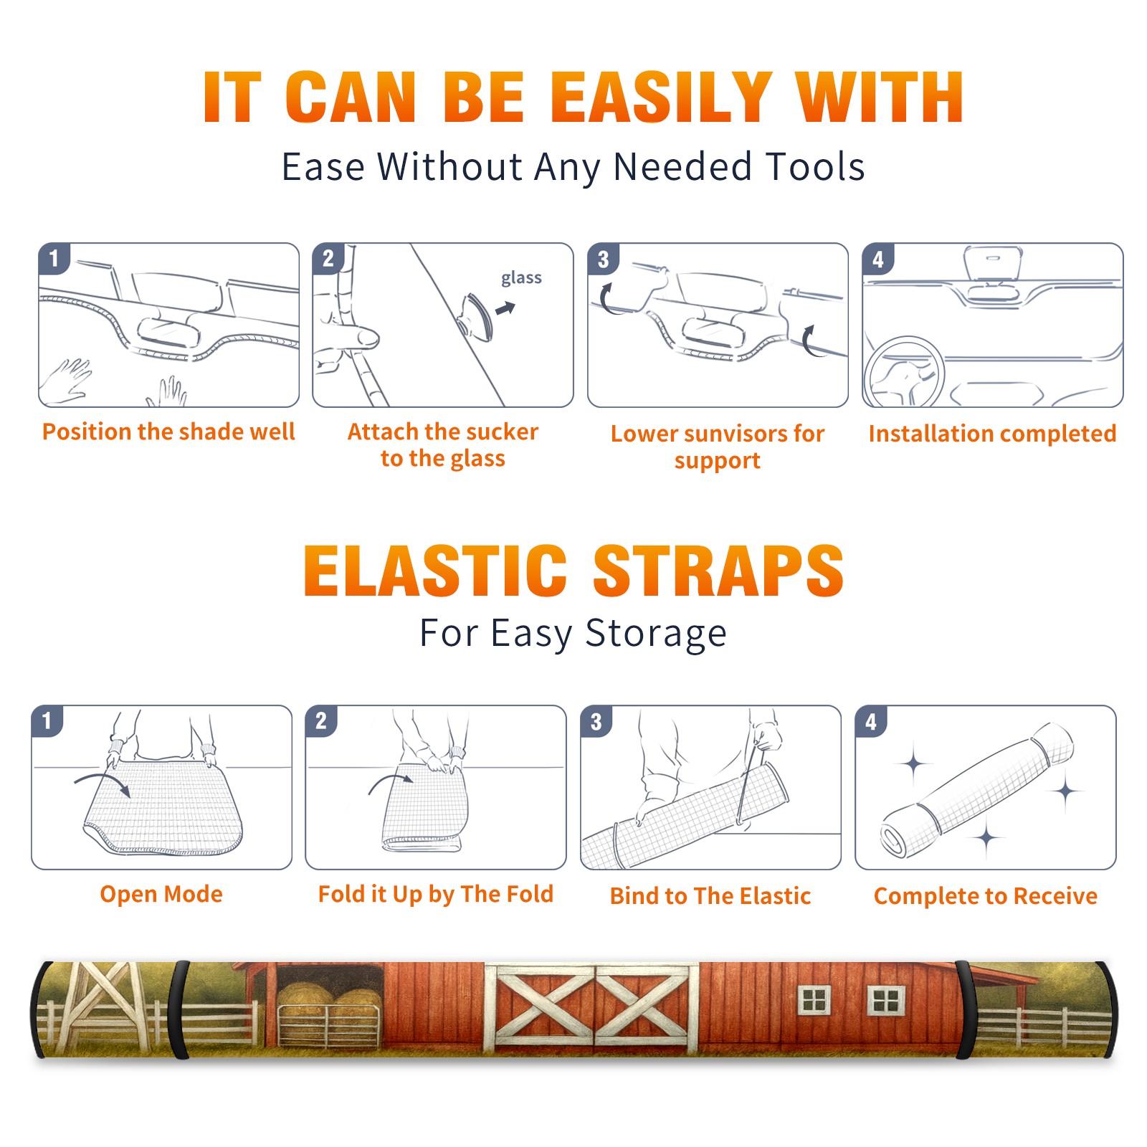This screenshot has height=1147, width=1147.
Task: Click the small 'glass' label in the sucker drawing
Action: point(521,278)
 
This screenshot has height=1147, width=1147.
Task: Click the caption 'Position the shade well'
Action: point(168,432)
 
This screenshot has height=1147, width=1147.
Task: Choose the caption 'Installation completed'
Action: point(992,434)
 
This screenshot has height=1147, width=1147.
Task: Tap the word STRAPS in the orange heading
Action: point(718,571)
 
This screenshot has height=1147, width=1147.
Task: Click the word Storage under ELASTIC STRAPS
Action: point(656,634)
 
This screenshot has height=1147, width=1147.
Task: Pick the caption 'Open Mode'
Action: point(161,894)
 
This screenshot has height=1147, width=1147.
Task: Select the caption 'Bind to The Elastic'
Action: point(710,896)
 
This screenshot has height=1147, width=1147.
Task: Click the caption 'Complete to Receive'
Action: point(986,896)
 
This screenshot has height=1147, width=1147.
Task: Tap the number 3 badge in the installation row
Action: point(603,259)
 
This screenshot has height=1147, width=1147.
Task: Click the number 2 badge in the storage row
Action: point(321,720)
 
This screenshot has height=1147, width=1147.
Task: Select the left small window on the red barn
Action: point(815,1000)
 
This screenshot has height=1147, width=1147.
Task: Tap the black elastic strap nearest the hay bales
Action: point(179,1009)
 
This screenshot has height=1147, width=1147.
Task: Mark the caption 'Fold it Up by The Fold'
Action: point(436,894)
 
